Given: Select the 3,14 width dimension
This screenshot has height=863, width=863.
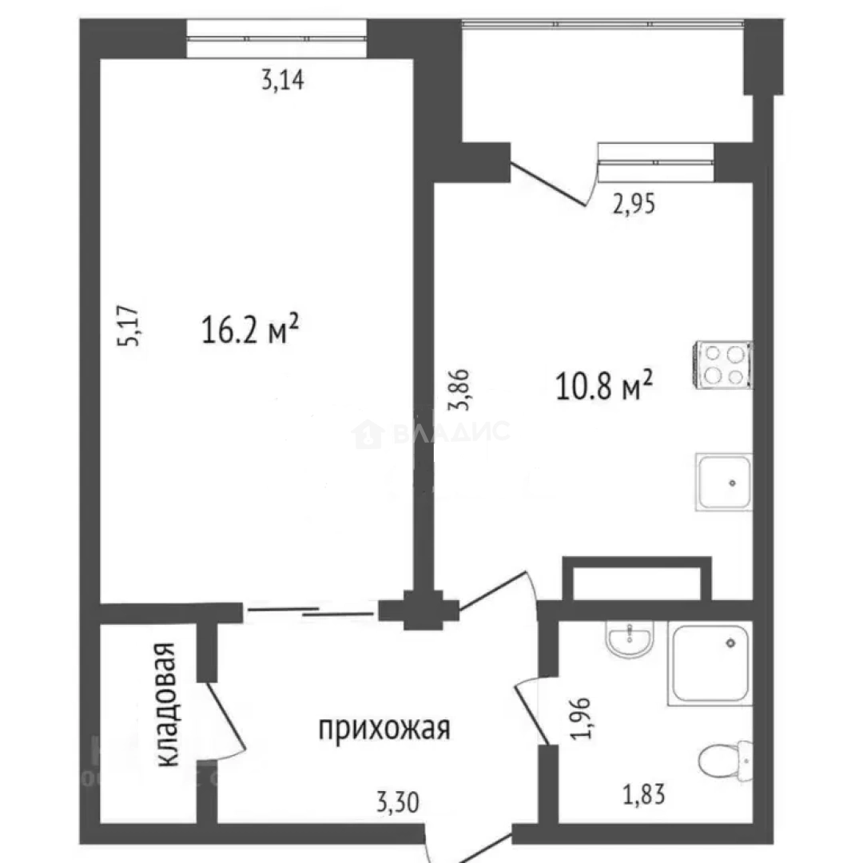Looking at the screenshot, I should point(283,81).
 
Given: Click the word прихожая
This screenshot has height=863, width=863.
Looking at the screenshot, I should point(384,728).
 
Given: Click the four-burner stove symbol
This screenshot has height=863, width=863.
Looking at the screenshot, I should point(723,364).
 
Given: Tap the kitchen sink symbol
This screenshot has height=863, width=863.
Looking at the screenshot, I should point(723,482).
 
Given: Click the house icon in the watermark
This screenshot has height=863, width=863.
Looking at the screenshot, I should point(368,434).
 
